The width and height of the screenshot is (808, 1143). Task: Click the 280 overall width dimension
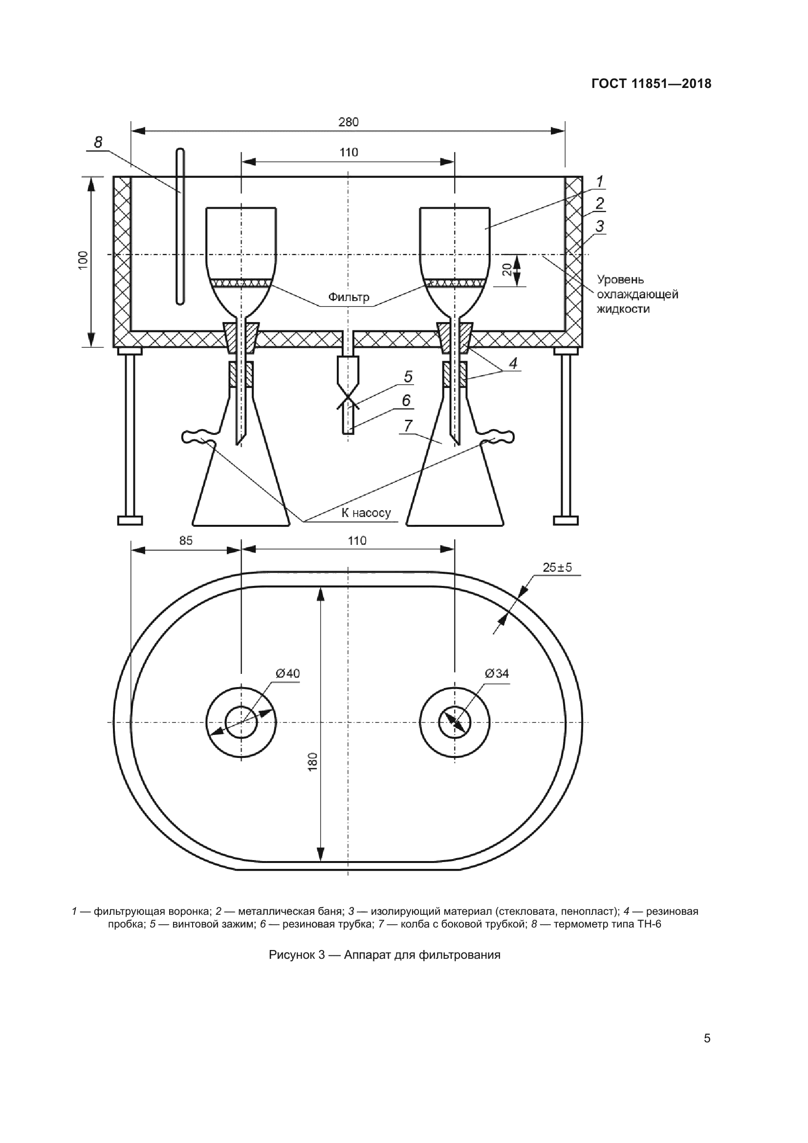click(349, 122)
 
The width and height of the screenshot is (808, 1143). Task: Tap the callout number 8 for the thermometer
click(98, 142)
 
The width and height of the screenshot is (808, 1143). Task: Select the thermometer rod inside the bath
click(180, 226)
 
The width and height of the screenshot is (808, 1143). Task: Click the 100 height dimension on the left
click(83, 260)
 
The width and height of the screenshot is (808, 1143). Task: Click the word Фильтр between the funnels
click(349, 297)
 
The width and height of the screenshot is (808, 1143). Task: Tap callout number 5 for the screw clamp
click(408, 377)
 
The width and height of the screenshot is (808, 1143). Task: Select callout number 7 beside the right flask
click(408, 426)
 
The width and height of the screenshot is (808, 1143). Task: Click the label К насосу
click(366, 513)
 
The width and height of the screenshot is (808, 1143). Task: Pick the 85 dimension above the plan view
click(186, 540)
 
